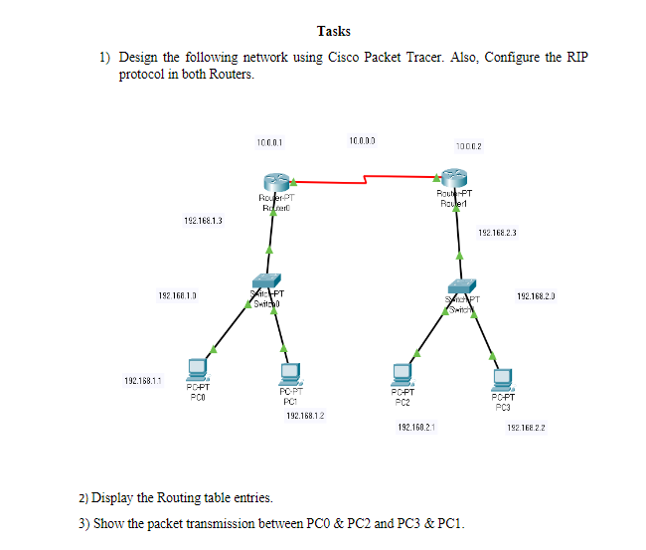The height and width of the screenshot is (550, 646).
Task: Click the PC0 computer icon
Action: pyautogui.click(x=198, y=368)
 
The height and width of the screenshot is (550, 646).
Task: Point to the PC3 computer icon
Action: pyautogui.click(x=502, y=379)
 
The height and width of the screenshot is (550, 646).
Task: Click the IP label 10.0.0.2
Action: pyautogui.click(x=467, y=147)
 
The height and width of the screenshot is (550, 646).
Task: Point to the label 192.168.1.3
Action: pyautogui.click(x=202, y=219)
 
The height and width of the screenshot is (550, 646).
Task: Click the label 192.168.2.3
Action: pyautogui.click(x=497, y=232)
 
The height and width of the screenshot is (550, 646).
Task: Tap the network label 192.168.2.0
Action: pyautogui.click(x=536, y=295)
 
